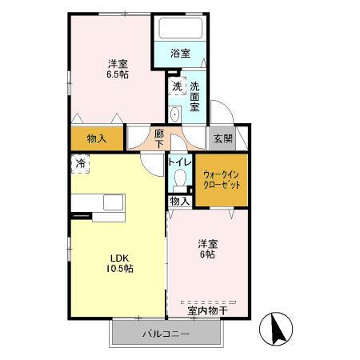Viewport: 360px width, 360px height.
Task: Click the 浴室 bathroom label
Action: pyautogui.click(x=181, y=54)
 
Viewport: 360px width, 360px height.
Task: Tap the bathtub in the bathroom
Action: pyautogui.click(x=181, y=29)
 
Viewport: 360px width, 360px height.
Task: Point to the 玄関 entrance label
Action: pyautogui.click(x=222, y=138)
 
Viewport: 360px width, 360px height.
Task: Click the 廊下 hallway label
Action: pyautogui.click(x=160, y=138)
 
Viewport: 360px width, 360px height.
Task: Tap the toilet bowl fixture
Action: pyautogui.click(x=179, y=178)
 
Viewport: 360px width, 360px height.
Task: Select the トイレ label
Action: pyautogui.click(x=179, y=161)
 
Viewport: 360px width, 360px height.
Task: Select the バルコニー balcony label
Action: pyautogui.click(x=166, y=334)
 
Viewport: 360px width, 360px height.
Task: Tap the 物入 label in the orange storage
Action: pyautogui.click(x=97, y=138)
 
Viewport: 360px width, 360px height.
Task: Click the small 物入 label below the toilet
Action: pyautogui.click(x=181, y=201)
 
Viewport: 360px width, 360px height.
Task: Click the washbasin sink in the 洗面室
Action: pyautogui.click(x=175, y=114)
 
